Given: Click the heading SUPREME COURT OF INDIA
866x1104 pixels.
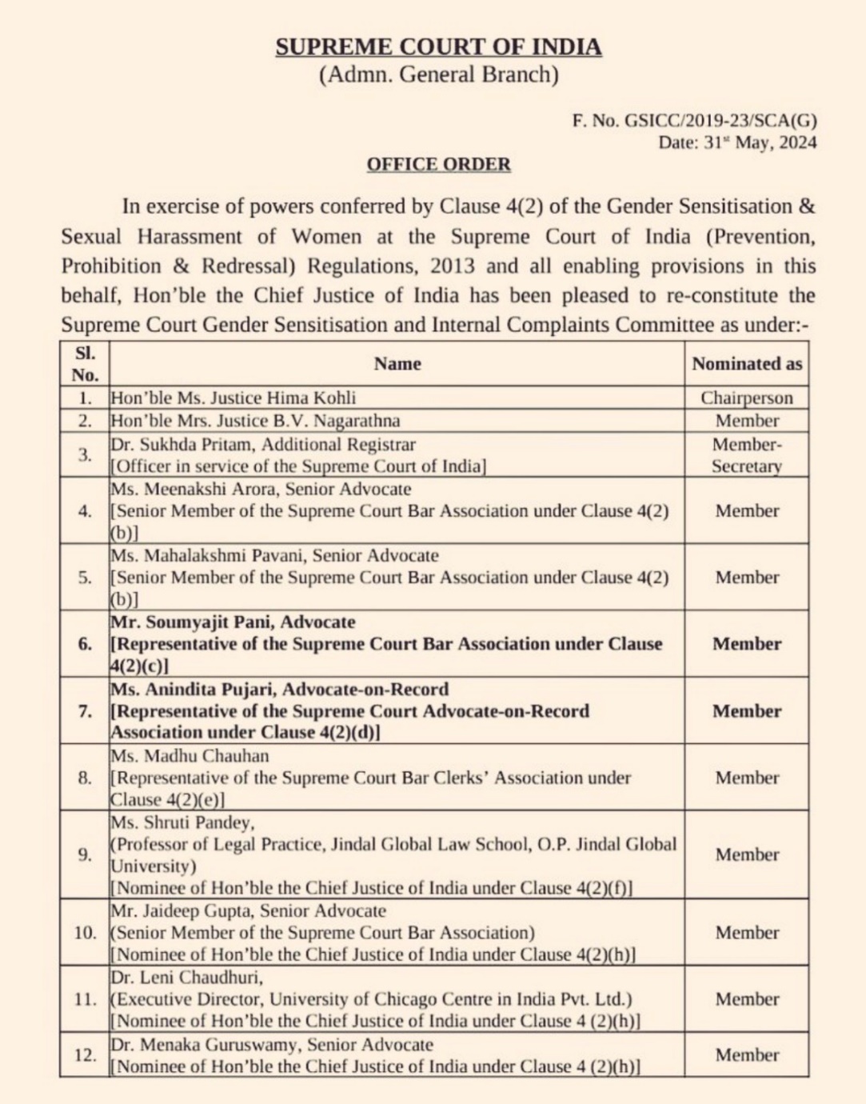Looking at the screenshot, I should point(438,47).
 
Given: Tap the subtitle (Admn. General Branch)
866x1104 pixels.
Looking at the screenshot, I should point(438,75).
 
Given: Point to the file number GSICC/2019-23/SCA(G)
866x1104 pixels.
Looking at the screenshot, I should point(720,121).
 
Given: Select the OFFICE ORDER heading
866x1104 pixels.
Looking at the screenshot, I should point(438,165).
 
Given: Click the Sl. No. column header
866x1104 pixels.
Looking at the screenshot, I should point(85,364).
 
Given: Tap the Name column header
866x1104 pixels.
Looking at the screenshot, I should point(397,364).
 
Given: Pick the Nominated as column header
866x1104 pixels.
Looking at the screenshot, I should point(746,364).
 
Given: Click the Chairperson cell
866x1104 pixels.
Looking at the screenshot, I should point(746,398).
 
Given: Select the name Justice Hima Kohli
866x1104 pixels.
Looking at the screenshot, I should point(280,398).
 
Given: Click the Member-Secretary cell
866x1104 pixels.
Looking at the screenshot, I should point(746,454).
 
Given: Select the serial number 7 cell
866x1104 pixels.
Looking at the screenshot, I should point(85,711).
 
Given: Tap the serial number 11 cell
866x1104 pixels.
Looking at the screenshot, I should point(85,998).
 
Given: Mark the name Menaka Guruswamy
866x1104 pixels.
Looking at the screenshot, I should point(216,1044).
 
